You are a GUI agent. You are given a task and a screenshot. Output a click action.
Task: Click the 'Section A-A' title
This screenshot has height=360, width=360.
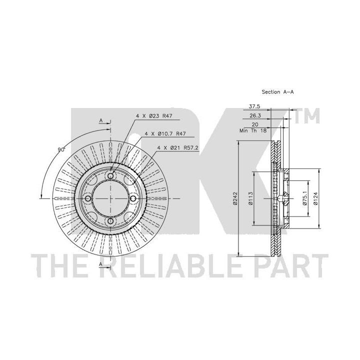pyautogui.click(x=277, y=92)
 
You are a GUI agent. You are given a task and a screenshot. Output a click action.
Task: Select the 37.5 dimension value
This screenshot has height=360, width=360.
pyautogui.click(x=254, y=106)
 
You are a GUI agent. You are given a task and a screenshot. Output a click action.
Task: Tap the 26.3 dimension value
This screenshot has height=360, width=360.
pyautogui.click(x=255, y=115)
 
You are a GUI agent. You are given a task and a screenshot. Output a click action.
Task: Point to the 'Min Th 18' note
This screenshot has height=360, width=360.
pyautogui.click(x=253, y=130)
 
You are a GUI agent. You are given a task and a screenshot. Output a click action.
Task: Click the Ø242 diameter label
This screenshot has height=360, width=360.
pyautogui.click(x=234, y=198)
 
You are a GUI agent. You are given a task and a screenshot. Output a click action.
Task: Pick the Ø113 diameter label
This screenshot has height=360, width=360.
pyautogui.click(x=250, y=198)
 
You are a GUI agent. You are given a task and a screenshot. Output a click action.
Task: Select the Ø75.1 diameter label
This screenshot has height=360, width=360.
pyautogui.click(x=305, y=198)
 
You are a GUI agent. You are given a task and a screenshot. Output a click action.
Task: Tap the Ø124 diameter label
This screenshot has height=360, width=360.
pyautogui.click(x=315, y=199)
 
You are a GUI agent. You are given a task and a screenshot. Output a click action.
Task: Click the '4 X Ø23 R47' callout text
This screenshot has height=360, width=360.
pyautogui.click(x=154, y=116)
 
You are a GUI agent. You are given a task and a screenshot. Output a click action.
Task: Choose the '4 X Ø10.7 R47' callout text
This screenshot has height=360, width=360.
pyautogui.click(x=165, y=133)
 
